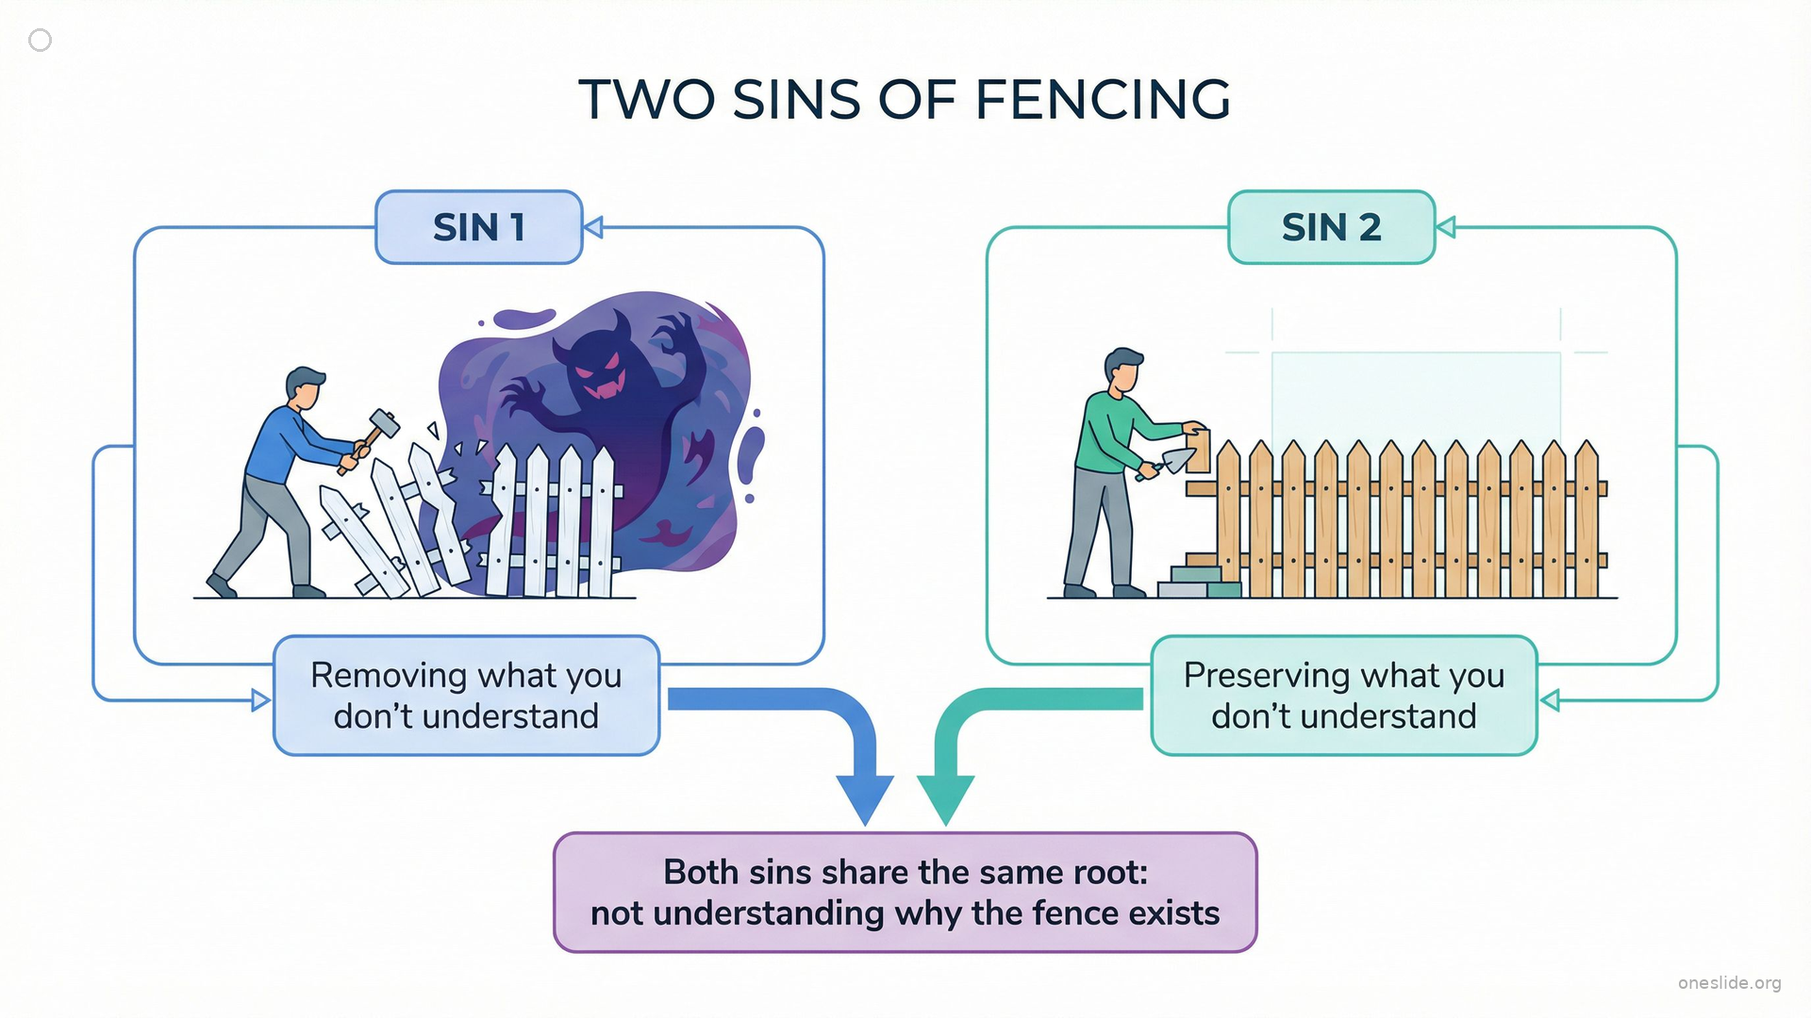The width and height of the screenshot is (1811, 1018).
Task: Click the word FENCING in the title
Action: coord(1102,100)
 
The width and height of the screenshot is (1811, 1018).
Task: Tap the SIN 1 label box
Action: coord(478,227)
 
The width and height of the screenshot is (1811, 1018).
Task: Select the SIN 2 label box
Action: coord(1331,227)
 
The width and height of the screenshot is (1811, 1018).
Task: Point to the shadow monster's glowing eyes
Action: coord(597,362)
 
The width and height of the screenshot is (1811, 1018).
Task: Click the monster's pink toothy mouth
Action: coord(600,386)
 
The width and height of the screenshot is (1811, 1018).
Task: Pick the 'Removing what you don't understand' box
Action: coord(466,696)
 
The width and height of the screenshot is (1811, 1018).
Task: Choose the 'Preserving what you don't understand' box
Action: coord(1343,696)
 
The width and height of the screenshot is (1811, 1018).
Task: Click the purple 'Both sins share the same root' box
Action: coord(905,892)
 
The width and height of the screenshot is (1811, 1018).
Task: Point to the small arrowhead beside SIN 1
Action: coord(593,227)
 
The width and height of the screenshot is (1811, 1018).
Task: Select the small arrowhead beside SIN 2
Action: coord(1446,227)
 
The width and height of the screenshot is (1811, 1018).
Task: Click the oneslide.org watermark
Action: coord(1729,983)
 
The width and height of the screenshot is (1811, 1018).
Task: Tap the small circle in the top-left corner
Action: coord(40,40)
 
